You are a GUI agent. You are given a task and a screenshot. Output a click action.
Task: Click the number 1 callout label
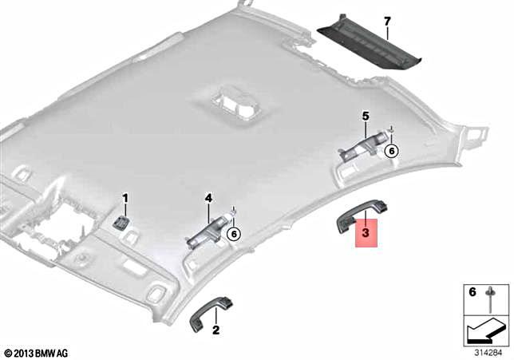coord(125,197)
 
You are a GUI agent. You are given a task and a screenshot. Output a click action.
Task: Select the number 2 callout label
coord(194,328)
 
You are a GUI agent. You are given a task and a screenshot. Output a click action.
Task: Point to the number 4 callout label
coord(208,197)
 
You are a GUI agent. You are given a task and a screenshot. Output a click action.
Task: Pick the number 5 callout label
coord(365,117)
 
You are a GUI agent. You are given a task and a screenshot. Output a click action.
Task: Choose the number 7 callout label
coord(386,19)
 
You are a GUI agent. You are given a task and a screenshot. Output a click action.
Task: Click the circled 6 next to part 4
coord(233,233)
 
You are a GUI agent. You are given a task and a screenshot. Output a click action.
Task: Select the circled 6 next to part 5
coord(391,150)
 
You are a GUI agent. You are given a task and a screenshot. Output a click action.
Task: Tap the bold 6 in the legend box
coord(472,293)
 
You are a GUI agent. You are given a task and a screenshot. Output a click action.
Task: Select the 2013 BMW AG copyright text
coord(37,351)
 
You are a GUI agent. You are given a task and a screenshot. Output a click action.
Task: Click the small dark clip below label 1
coord(124,221)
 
